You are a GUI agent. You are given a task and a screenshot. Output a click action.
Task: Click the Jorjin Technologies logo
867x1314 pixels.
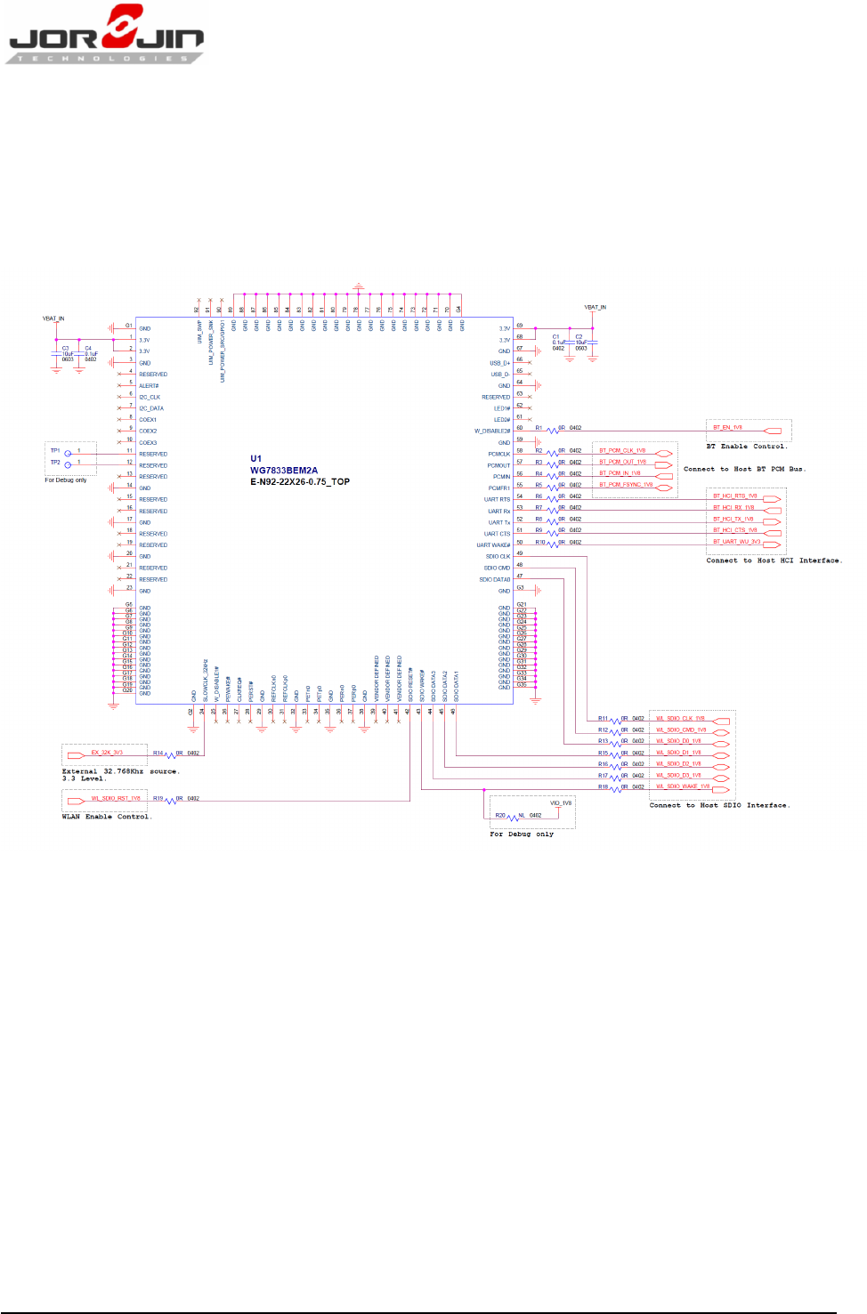pyautogui.click(x=105, y=36)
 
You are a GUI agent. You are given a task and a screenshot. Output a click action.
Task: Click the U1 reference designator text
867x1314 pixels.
pyautogui.click(x=256, y=459)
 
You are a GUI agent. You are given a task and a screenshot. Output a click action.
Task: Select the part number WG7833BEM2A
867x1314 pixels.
pyautogui.click(x=283, y=471)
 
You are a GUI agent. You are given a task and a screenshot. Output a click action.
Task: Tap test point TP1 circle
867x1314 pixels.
pyautogui.click(x=68, y=454)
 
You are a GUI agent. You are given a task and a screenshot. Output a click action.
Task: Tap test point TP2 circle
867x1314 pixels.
pyautogui.click(x=68, y=464)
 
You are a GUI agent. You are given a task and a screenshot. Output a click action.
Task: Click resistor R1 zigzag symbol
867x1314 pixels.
pyautogui.click(x=552, y=431)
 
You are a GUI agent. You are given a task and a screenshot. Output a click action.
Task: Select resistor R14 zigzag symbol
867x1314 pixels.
pyautogui.click(x=170, y=755)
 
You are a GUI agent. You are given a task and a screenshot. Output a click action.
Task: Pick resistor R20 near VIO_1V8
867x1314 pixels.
pyautogui.click(x=512, y=818)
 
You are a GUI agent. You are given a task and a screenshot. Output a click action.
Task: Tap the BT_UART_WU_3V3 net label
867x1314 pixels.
pyautogui.click(x=736, y=542)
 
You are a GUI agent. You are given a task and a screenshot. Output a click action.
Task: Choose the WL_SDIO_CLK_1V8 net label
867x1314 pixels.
pyautogui.click(x=680, y=718)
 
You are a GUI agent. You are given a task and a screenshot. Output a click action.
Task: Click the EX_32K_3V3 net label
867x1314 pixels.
pyautogui.click(x=107, y=753)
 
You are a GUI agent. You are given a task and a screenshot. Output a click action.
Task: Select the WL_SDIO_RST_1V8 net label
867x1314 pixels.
pyautogui.click(x=116, y=798)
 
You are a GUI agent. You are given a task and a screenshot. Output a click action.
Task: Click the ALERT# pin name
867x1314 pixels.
pyautogui.click(x=149, y=386)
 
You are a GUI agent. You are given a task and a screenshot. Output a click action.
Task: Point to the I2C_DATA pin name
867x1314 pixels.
pyautogui.click(x=151, y=408)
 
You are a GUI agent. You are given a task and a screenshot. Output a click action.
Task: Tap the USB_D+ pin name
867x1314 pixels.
pyautogui.click(x=499, y=363)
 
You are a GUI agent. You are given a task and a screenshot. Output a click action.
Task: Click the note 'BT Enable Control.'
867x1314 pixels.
pyautogui.click(x=746, y=447)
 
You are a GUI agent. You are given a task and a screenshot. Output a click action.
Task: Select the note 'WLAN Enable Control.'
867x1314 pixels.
pyautogui.click(x=107, y=817)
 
